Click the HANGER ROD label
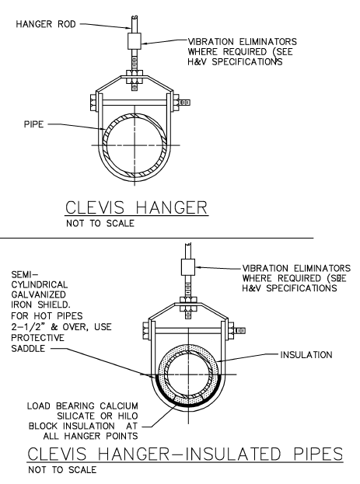[x=46, y=24]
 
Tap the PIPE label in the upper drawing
[x=34, y=124]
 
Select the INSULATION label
[x=306, y=355]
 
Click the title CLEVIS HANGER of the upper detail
[x=136, y=207]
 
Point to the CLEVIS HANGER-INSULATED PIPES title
[x=185, y=454]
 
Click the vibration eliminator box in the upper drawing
[x=135, y=41]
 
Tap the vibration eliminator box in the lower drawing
[x=188, y=267]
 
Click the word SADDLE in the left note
[x=28, y=349]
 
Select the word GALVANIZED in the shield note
[x=39, y=294]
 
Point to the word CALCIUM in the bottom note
[x=119, y=406]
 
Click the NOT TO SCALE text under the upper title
[x=100, y=223]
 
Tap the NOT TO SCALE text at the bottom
[x=62, y=470]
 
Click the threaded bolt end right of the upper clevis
[x=184, y=103]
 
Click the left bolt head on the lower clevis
[x=146, y=331]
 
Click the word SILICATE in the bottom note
[x=76, y=416]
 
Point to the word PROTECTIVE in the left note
[x=37, y=338]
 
